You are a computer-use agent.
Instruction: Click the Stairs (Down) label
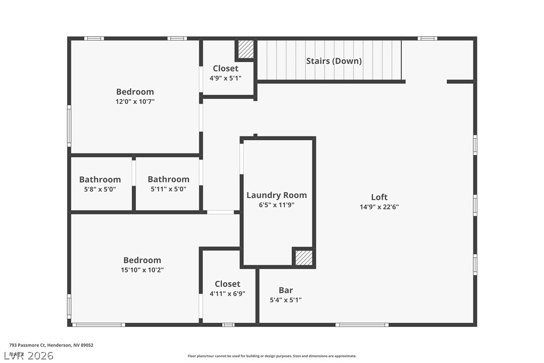[334, 61]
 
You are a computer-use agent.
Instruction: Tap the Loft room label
[379, 197]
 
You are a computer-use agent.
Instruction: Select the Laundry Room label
[277, 195]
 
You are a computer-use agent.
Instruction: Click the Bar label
[286, 290]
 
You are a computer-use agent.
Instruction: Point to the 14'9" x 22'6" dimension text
[379, 207]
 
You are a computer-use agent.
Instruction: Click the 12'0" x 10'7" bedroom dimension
[135, 101]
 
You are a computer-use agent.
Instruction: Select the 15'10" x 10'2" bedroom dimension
[143, 270]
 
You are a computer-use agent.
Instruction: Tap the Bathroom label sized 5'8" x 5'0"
[100, 179]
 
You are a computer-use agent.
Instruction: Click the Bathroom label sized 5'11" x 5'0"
[168, 179]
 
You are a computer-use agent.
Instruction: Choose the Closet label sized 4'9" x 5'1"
[225, 68]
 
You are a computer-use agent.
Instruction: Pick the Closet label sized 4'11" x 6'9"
[227, 284]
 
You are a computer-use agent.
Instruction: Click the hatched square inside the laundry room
[304, 258]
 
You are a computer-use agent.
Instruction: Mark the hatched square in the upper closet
[245, 49]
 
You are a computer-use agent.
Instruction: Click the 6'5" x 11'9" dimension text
[277, 205]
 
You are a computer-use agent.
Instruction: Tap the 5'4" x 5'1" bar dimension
[286, 300]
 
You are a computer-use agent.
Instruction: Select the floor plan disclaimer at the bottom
[272, 356]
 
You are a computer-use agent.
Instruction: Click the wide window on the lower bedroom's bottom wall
[99, 325]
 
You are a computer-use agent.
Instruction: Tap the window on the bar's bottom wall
[362, 325]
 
